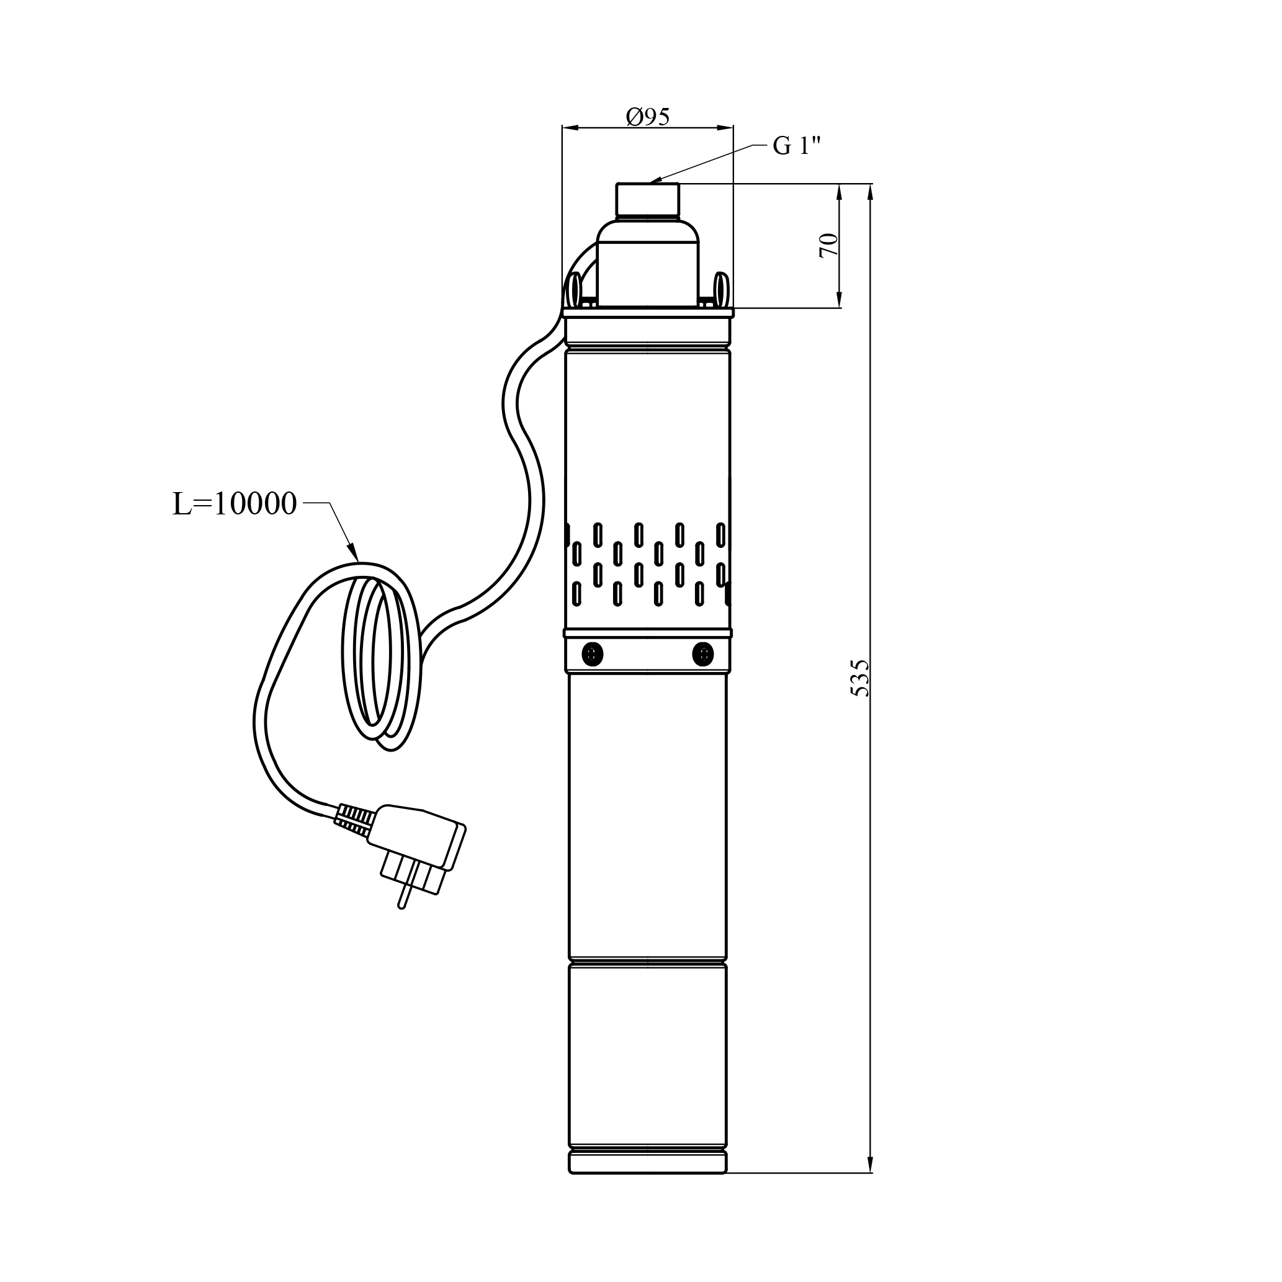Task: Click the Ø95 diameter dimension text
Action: coord(648,116)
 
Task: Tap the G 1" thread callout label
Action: coord(796,145)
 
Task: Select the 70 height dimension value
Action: coord(829,245)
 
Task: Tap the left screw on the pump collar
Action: coord(592,655)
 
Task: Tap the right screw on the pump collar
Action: coord(702,655)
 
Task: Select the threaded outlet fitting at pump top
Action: coord(648,200)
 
